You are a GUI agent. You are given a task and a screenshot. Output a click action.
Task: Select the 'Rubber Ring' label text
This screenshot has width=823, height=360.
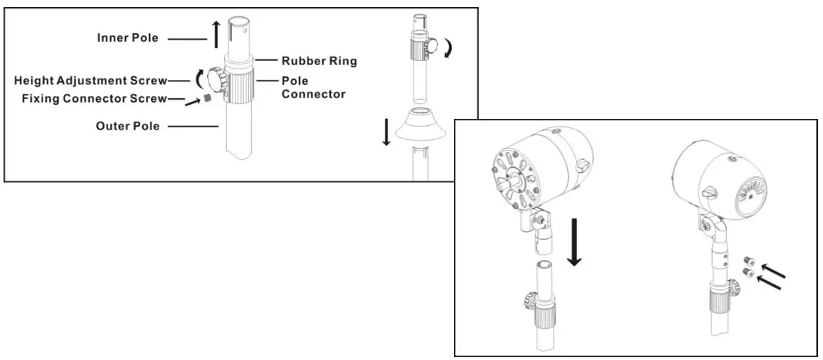319,61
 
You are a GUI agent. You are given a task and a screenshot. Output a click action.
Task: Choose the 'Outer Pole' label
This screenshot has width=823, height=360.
127,127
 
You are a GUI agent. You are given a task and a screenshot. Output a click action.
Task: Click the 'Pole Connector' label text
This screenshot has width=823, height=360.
313,88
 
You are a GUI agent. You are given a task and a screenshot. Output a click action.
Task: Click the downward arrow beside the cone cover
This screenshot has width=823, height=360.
386,132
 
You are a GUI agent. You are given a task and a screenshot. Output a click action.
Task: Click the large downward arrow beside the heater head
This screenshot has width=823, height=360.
575,242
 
